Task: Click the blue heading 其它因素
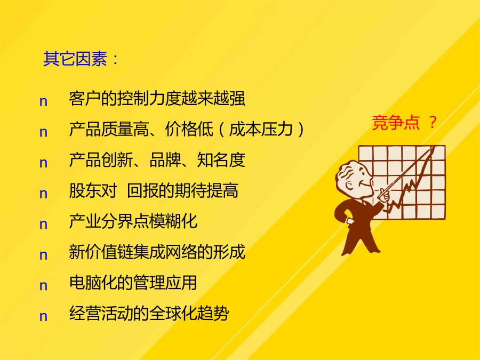click(75, 59)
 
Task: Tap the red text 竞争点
click(395, 123)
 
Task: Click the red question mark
click(433, 122)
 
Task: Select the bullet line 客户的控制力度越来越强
click(157, 99)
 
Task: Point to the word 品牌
click(165, 160)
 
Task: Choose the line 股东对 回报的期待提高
click(154, 190)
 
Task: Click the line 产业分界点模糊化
click(133, 221)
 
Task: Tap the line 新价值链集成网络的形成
click(157, 252)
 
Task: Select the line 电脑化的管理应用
click(133, 282)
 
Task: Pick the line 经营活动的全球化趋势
click(149, 313)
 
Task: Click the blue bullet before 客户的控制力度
click(44, 102)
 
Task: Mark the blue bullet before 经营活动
click(44, 316)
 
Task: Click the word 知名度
click(221, 160)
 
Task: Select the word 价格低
click(189, 129)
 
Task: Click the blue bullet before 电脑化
click(44, 286)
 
